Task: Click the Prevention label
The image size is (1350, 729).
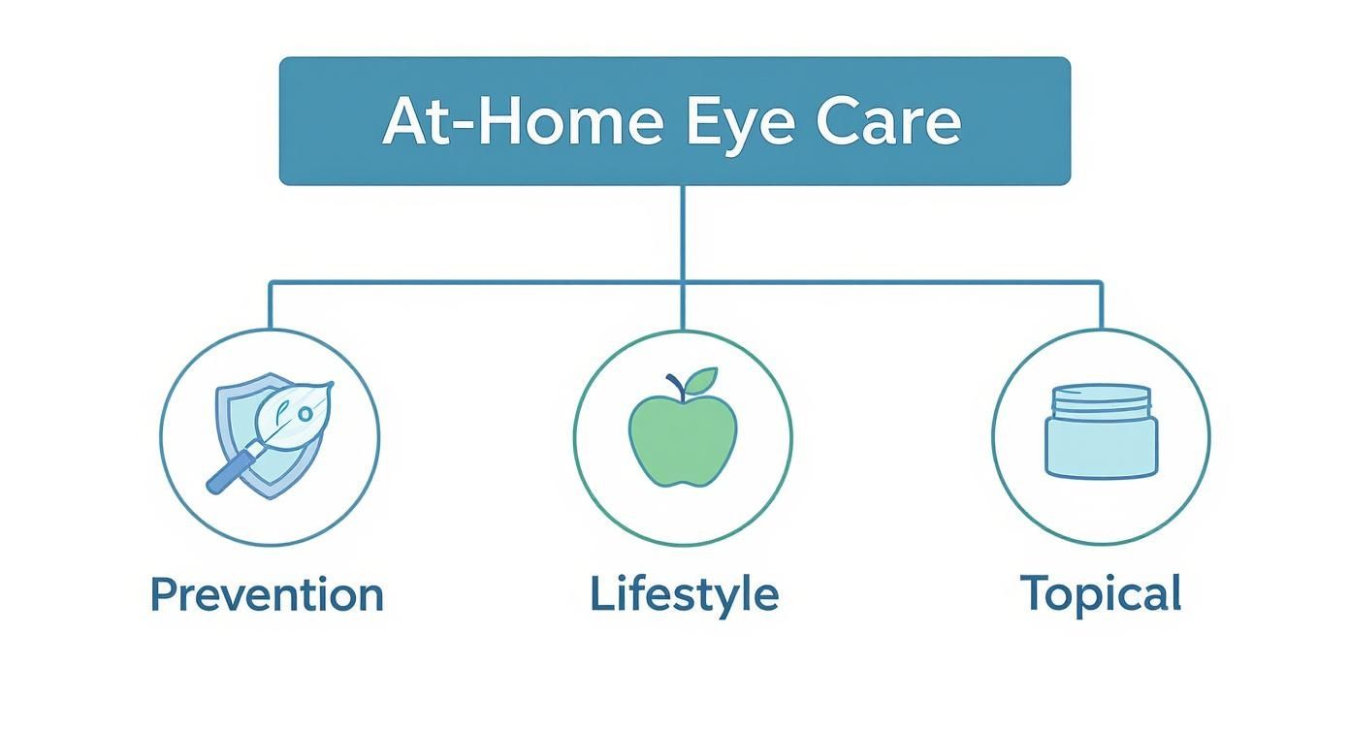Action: click(x=268, y=594)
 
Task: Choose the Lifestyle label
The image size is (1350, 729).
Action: click(x=684, y=594)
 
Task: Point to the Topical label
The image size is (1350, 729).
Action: click(x=1101, y=593)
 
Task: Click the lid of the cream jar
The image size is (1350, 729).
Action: click(x=1101, y=397)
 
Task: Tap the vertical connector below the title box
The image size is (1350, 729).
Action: click(x=683, y=233)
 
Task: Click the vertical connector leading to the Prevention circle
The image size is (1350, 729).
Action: click(x=270, y=305)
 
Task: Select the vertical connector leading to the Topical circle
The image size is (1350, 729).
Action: click(x=1101, y=305)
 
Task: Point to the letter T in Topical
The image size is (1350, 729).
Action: click(x=1035, y=593)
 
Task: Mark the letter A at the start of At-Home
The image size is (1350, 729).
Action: click(x=404, y=122)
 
